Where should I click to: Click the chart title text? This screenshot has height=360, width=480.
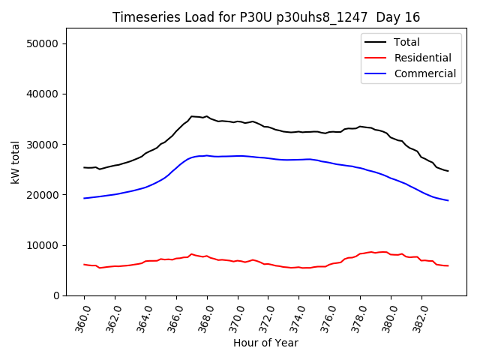266,17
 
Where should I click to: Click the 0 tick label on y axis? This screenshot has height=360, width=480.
56,295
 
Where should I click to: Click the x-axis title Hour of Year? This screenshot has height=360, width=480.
265,343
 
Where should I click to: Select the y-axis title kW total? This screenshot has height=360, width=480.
15,161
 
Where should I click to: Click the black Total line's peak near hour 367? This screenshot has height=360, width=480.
192,116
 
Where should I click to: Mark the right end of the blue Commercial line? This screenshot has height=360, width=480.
448,200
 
